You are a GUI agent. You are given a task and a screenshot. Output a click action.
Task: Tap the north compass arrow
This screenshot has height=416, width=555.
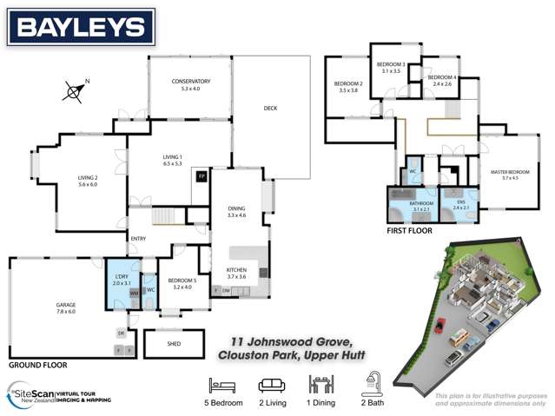(76, 89)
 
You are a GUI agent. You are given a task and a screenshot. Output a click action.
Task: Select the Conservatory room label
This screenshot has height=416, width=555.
(191, 84)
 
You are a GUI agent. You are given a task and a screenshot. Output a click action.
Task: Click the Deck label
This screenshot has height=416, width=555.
(270, 108)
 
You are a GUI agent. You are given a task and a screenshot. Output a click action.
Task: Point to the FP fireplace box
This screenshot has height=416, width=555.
(202, 176)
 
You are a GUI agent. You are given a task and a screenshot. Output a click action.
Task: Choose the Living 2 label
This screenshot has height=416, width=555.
(89, 181)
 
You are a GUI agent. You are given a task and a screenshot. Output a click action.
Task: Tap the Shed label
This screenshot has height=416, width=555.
(174, 344)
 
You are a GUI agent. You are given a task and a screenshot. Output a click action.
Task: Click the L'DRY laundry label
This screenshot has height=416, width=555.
(122, 280)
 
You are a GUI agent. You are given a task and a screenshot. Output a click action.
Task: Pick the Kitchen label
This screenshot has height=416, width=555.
(237, 273)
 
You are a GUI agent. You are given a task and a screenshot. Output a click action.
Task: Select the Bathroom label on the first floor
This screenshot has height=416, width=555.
(421, 206)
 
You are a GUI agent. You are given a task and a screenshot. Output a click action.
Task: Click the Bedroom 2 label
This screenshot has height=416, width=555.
(348, 87)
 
